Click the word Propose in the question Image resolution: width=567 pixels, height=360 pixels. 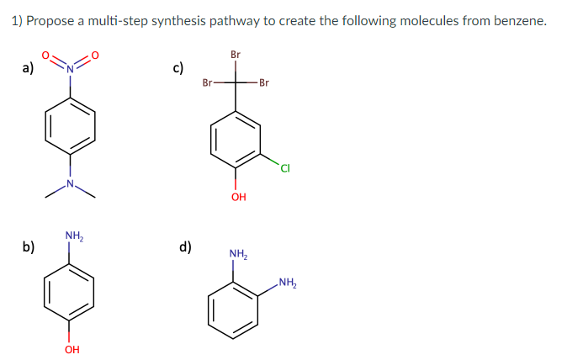[x=50, y=21]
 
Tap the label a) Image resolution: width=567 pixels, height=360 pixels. [x=28, y=68]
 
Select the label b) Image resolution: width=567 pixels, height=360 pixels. [x=28, y=246]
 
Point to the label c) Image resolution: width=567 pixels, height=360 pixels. [x=178, y=68]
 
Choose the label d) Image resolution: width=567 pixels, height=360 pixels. [x=185, y=246]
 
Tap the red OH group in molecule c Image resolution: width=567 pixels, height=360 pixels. [x=237, y=198]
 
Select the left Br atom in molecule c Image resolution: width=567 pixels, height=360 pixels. [x=208, y=82]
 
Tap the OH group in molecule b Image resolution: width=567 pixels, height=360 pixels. [x=72, y=349]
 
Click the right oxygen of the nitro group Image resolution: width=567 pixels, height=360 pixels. [x=95, y=56]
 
